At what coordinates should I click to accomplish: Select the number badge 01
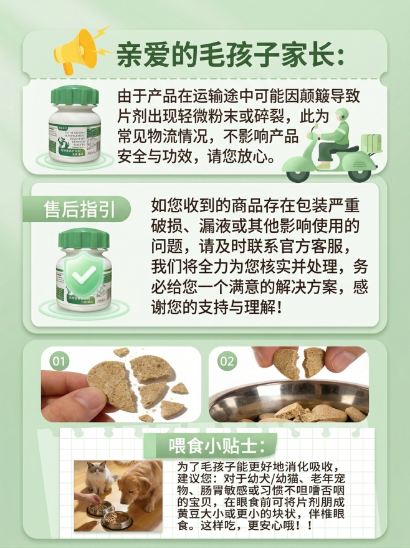[59, 361]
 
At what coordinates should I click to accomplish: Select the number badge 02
[227, 361]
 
